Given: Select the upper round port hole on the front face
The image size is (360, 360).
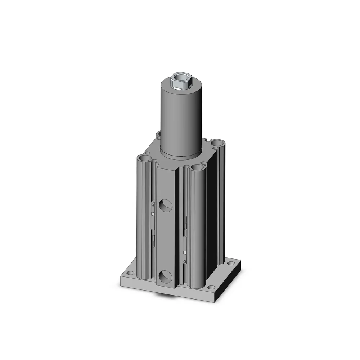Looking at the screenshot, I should click(x=166, y=207).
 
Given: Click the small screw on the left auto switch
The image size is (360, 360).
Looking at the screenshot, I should click(x=153, y=204).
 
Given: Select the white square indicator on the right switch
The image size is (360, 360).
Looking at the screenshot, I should click(x=185, y=252).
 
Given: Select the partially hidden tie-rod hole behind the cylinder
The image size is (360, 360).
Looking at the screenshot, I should click(x=159, y=135).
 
